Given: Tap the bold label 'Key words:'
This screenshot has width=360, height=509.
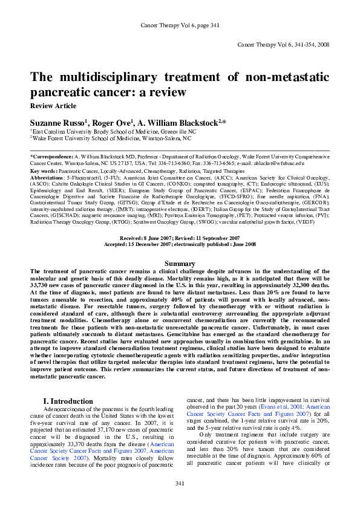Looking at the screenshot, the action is (44, 171).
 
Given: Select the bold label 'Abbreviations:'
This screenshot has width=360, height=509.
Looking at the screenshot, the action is (47, 178).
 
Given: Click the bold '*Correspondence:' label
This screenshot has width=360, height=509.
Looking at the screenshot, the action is (53, 157).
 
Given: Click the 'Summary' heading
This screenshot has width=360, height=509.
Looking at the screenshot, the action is (180, 264).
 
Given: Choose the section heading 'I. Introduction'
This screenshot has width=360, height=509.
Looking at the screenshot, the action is (68, 401).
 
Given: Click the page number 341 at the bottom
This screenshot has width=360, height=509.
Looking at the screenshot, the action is (180, 484).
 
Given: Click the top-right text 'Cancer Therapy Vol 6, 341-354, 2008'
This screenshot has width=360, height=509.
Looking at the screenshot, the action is (283, 45).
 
